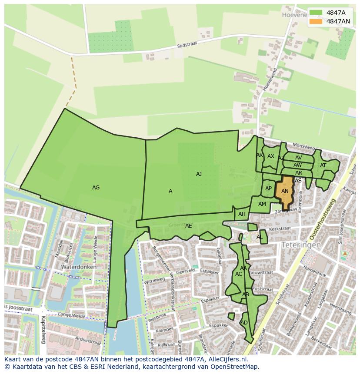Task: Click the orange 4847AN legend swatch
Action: click(x=316, y=21)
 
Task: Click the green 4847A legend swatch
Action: click(x=316, y=13)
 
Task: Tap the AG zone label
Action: click(x=96, y=188)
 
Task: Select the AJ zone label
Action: click(x=199, y=174)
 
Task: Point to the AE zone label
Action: click(x=188, y=226)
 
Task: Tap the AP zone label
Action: click(x=268, y=189)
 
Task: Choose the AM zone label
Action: click(x=262, y=204)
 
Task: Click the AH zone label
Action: click(x=242, y=214)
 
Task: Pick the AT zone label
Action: click(x=323, y=165)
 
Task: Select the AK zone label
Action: click(x=260, y=155)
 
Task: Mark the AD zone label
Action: click(x=244, y=323)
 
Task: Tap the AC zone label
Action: click(x=239, y=274)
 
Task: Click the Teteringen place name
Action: click(x=301, y=245)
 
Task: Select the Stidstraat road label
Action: click(x=187, y=46)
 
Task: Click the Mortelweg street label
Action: click(x=303, y=146)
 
